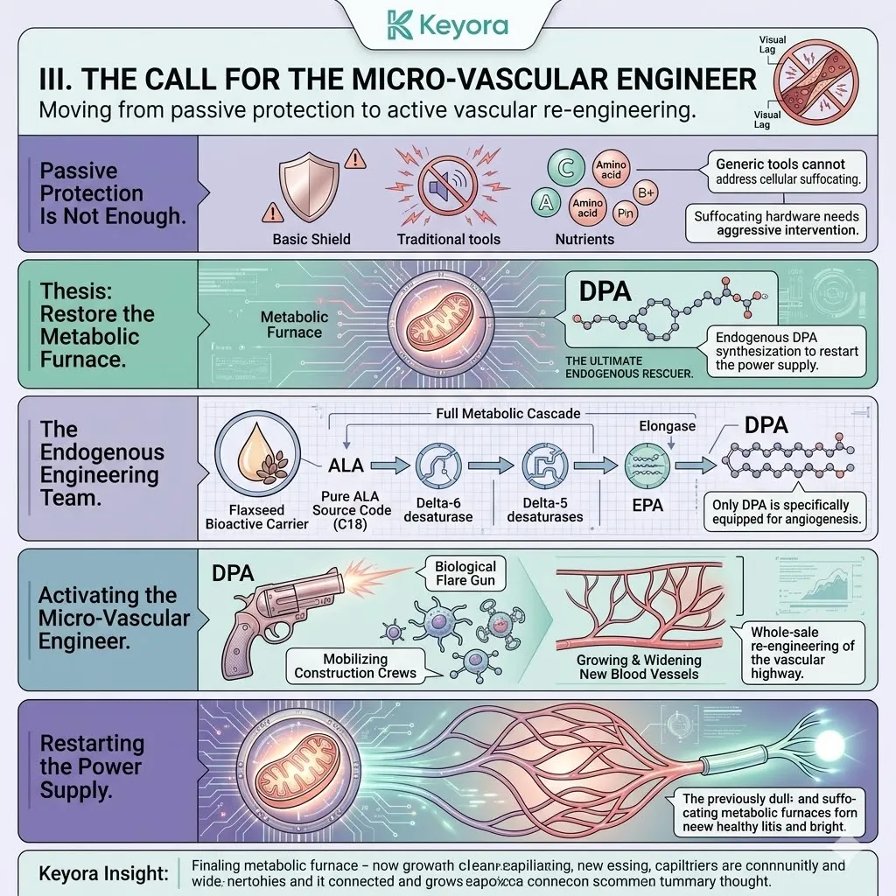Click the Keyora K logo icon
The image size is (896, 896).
(402, 24)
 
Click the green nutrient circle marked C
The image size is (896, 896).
(565, 168)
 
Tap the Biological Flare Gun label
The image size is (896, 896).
(465, 574)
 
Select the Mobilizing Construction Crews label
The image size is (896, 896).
(355, 666)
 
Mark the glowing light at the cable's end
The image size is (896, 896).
(826, 744)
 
